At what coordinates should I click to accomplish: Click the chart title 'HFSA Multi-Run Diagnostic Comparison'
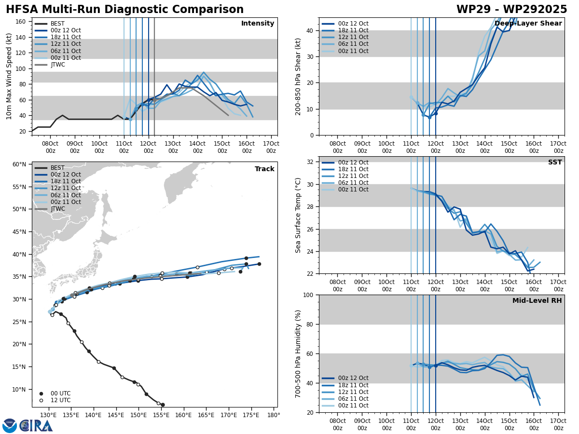pyautogui.click(x=124, y=10)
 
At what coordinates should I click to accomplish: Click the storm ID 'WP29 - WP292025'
pyautogui.click(x=511, y=10)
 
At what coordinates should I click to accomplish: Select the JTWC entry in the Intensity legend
pyautogui.click(x=57, y=65)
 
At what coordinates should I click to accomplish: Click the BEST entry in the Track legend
pyautogui.click(x=57, y=168)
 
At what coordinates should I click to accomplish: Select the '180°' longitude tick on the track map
pyautogui.click(x=273, y=415)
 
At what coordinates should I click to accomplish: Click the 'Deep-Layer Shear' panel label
pyautogui.click(x=528, y=24)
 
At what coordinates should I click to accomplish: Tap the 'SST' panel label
pyautogui.click(x=554, y=163)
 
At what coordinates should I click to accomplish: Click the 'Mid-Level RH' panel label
pyautogui.click(x=537, y=301)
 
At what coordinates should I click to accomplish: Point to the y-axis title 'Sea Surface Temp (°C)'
pyautogui.click(x=299, y=215)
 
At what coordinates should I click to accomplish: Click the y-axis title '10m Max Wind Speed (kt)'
pyautogui.click(x=9, y=76)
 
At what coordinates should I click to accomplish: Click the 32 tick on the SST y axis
pyautogui.click(x=309, y=162)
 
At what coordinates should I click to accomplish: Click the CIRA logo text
pyautogui.click(x=36, y=425)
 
